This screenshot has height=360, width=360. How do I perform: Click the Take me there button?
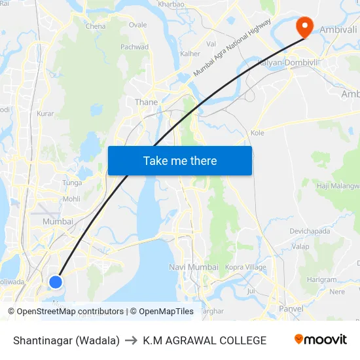pyautogui.click(x=180, y=160)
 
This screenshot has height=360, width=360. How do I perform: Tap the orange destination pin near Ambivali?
pyautogui.click(x=304, y=27)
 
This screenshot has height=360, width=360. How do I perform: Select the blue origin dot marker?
pyautogui.click(x=56, y=281)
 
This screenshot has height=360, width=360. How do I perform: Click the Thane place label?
pyautogui.click(x=146, y=102)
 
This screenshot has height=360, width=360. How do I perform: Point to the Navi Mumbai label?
pyautogui.click(x=194, y=267)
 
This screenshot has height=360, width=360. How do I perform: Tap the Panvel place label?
pyautogui.click(x=291, y=308)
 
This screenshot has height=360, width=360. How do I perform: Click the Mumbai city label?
pyautogui.click(x=58, y=222)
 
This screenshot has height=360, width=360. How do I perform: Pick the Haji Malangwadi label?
pyautogui.click(x=338, y=186)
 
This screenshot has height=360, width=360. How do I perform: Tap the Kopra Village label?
pyautogui.click(x=245, y=267)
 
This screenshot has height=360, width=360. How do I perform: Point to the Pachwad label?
pyautogui.click(x=135, y=47)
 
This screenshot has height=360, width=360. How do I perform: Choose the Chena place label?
pyautogui.click(x=96, y=26)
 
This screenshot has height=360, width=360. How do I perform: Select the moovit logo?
pyautogui.click(x=320, y=340)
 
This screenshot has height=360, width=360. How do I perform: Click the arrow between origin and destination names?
pyautogui.click(x=131, y=340)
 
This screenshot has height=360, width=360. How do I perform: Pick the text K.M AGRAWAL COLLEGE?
pyautogui.click(x=204, y=340)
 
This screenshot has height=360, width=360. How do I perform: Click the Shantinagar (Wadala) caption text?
pyautogui.click(x=66, y=340)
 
